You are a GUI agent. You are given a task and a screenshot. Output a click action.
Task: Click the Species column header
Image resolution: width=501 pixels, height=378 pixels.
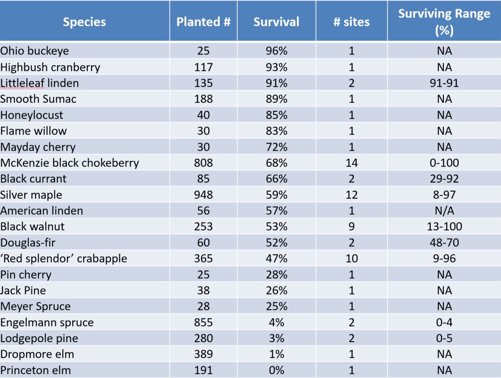(85, 22)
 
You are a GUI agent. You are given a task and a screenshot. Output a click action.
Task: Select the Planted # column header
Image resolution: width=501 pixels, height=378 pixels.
(203, 22)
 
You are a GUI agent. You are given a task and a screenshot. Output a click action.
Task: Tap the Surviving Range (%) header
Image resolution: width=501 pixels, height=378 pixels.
(444, 22)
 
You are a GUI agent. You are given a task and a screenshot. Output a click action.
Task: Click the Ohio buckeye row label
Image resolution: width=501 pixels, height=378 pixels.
(35, 51)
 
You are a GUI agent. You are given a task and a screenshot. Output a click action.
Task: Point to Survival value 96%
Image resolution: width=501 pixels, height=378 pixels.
(276, 51)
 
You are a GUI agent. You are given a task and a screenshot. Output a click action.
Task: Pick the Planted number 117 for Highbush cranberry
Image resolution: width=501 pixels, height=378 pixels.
(203, 67)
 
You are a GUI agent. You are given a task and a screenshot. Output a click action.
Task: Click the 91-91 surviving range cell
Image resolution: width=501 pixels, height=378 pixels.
(444, 83)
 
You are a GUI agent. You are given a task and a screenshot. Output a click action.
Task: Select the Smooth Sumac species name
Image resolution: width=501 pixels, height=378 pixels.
(39, 99)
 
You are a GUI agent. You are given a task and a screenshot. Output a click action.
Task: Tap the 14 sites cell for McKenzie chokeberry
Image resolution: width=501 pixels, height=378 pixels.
(351, 163)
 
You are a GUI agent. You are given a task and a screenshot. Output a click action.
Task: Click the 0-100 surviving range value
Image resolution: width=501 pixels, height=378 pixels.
(444, 163)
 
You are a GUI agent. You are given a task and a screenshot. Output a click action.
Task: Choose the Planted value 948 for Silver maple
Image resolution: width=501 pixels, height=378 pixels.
(203, 195)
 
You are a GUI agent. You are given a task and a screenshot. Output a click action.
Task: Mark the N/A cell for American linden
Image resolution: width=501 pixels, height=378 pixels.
(444, 210)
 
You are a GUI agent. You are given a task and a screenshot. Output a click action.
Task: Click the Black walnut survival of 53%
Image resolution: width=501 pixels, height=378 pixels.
(276, 227)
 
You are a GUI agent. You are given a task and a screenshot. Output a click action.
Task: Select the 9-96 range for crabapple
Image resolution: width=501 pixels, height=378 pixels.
(444, 258)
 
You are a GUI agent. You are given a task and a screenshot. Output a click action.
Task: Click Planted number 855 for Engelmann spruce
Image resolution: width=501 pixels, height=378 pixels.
(203, 322)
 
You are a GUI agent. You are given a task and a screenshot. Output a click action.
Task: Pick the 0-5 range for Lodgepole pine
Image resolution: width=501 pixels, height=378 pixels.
(444, 338)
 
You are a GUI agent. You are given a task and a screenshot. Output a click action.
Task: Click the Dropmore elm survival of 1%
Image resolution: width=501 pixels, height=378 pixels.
(276, 354)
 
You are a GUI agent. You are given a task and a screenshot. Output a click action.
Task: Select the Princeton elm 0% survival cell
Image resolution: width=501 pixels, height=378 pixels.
(276, 370)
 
